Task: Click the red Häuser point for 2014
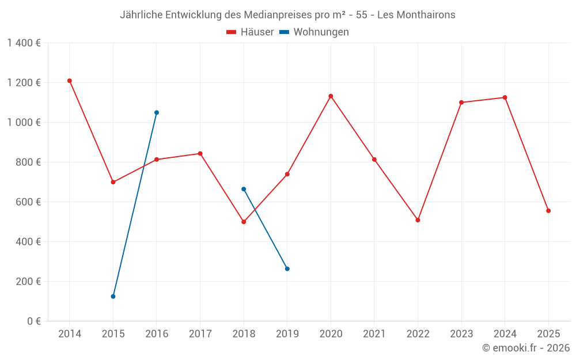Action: (x=70, y=81)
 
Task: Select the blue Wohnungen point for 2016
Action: (x=157, y=112)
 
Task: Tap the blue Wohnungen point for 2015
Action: (x=113, y=296)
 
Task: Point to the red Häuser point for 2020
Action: (x=331, y=96)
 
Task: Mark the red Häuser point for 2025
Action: (x=548, y=211)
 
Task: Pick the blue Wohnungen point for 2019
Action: (x=287, y=269)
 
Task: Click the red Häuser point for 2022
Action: (x=418, y=220)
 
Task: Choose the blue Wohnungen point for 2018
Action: (x=244, y=189)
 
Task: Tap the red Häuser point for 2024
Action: (x=505, y=97)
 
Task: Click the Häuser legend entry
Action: (x=250, y=32)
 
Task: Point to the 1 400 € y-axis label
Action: (x=24, y=43)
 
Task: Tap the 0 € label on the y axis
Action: (x=34, y=321)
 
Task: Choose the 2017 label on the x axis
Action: (x=200, y=334)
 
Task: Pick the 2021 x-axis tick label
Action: (x=374, y=334)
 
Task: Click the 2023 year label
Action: (x=461, y=334)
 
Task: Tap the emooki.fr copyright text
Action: (x=526, y=348)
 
